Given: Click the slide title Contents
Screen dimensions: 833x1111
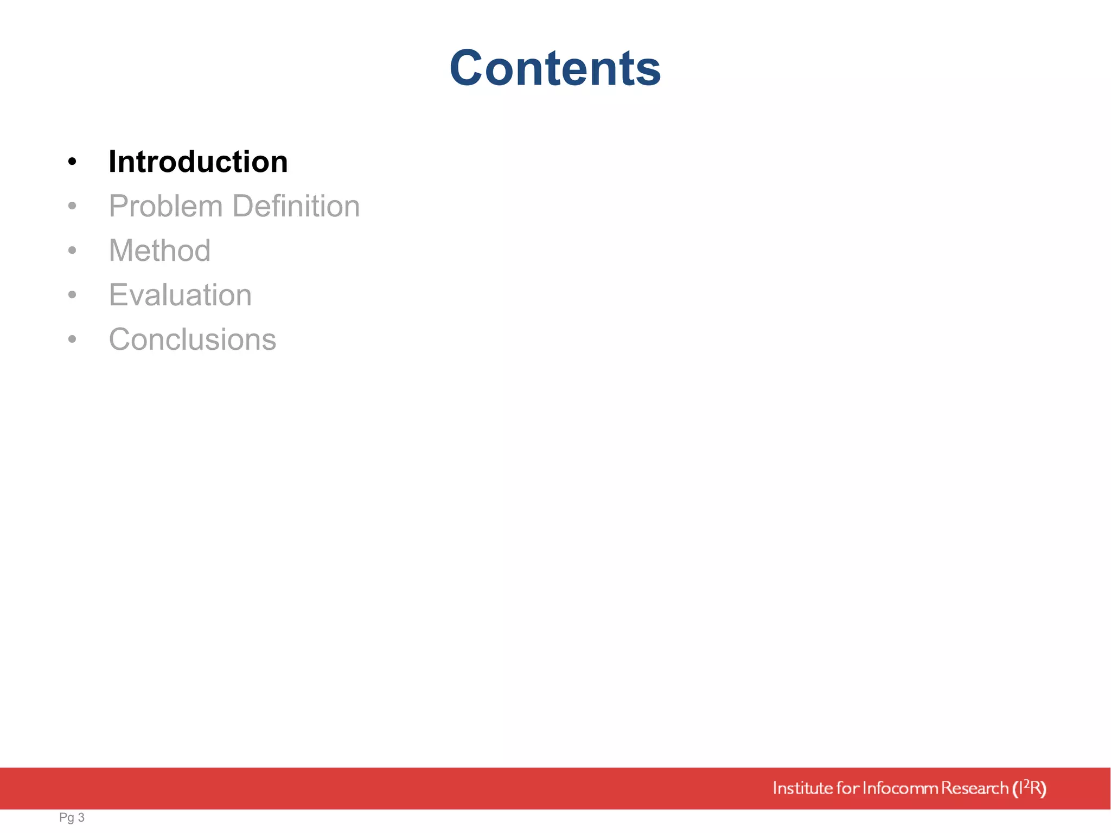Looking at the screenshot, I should coord(555,68).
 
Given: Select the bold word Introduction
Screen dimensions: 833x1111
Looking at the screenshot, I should coord(198,162).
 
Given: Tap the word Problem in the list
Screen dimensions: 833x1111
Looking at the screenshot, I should coord(166,207).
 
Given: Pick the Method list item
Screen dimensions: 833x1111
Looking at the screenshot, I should coord(159,251).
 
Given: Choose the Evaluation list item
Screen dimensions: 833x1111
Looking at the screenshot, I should coord(180,295).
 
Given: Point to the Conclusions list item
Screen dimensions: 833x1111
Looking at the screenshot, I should coord(193,339).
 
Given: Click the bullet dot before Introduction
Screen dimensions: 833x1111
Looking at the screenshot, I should coord(72,162).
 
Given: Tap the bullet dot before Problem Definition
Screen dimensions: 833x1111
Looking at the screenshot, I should coord(72,206).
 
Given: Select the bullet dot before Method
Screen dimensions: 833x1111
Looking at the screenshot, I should coord(72,251).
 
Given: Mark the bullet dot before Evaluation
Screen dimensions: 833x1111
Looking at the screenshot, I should coord(72,295).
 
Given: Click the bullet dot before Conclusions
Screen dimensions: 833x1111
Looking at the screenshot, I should coord(72,339).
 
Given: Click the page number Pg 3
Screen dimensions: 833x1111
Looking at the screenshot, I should coord(72,817).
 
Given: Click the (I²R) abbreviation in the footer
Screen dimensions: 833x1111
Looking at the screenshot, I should coord(1029,788).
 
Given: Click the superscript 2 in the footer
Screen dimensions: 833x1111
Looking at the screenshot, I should coord(1026,783).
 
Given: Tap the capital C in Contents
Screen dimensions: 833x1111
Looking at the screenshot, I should coord(469,68).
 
